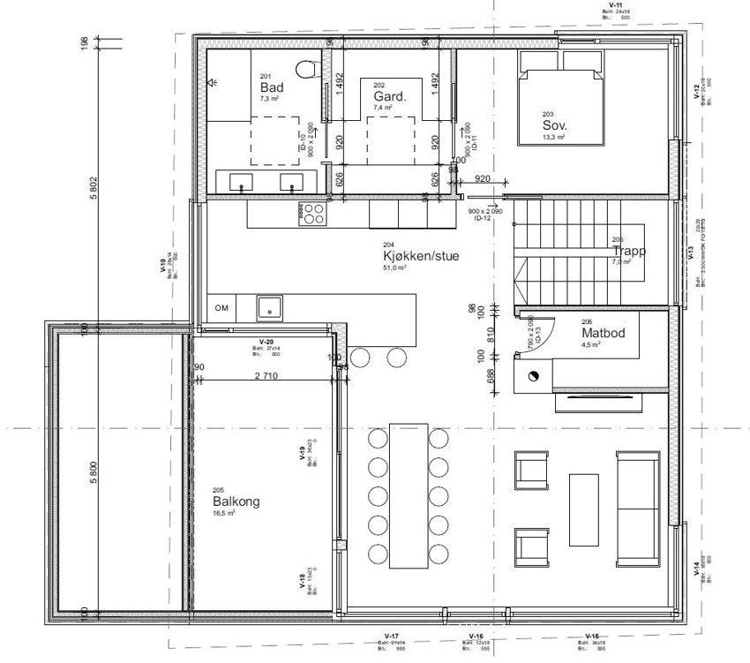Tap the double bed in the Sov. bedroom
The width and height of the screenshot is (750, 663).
(560, 107)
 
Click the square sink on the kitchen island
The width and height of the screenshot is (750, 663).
(269, 307)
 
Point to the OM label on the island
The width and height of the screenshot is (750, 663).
(221, 307)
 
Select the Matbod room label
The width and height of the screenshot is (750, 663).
(603, 335)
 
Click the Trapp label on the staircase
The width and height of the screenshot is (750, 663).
(630, 251)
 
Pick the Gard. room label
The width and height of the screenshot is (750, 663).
(389, 95)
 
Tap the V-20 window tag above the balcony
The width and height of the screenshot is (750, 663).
(266, 341)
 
